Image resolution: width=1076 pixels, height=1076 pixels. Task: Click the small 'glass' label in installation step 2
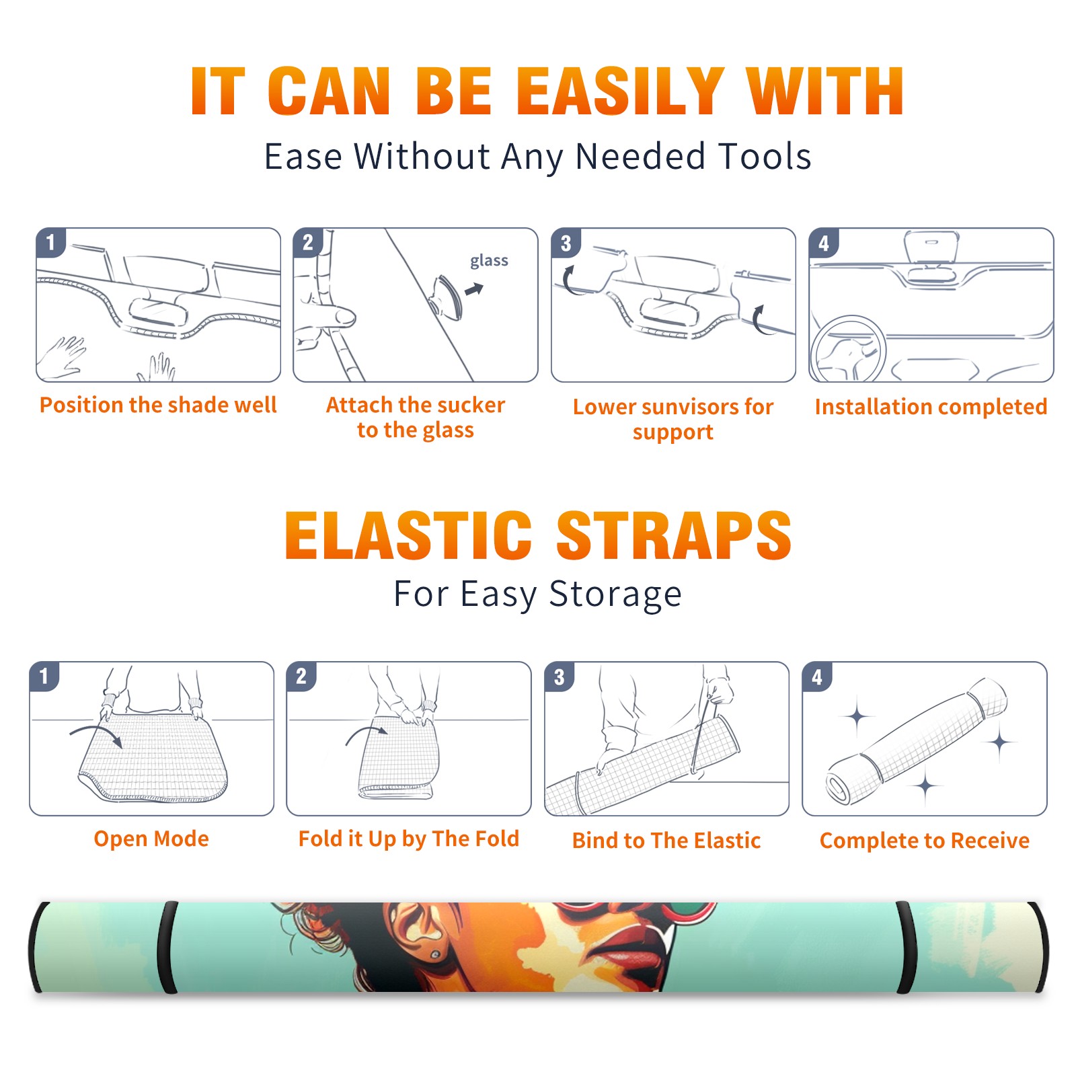489,261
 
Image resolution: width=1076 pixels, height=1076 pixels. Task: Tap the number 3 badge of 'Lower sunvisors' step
566,243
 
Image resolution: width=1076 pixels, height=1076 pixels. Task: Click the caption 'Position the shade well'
158,405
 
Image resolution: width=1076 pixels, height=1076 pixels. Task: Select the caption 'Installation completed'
931,406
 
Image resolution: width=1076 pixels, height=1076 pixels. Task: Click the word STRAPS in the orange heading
674,535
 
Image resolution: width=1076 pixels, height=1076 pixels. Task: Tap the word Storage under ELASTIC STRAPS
615,594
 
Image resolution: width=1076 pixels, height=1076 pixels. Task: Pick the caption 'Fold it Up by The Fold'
409,839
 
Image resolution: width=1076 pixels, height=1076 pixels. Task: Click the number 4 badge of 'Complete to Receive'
817,677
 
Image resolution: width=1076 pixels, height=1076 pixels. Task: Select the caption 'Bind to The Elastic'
666,841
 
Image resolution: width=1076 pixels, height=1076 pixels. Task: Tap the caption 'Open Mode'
151,839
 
